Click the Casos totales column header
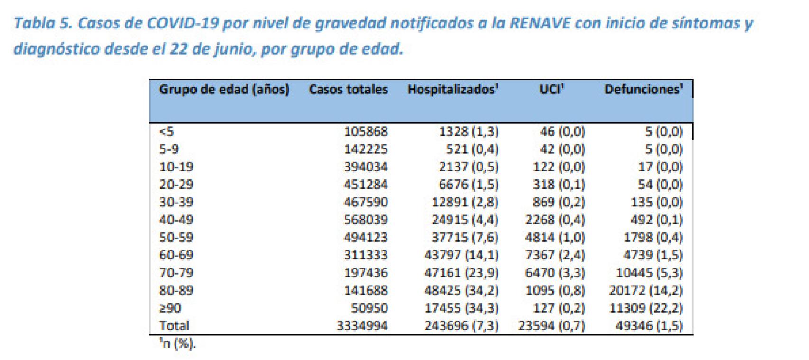click(x=348, y=90)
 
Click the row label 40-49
click(x=176, y=220)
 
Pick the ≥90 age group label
click(x=170, y=308)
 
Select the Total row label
click(x=174, y=326)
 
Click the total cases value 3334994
click(x=362, y=326)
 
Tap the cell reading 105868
click(x=365, y=131)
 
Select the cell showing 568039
click(x=365, y=220)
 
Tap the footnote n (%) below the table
click(x=178, y=344)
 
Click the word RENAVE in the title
click(x=540, y=23)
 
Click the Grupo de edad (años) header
click(x=224, y=90)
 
